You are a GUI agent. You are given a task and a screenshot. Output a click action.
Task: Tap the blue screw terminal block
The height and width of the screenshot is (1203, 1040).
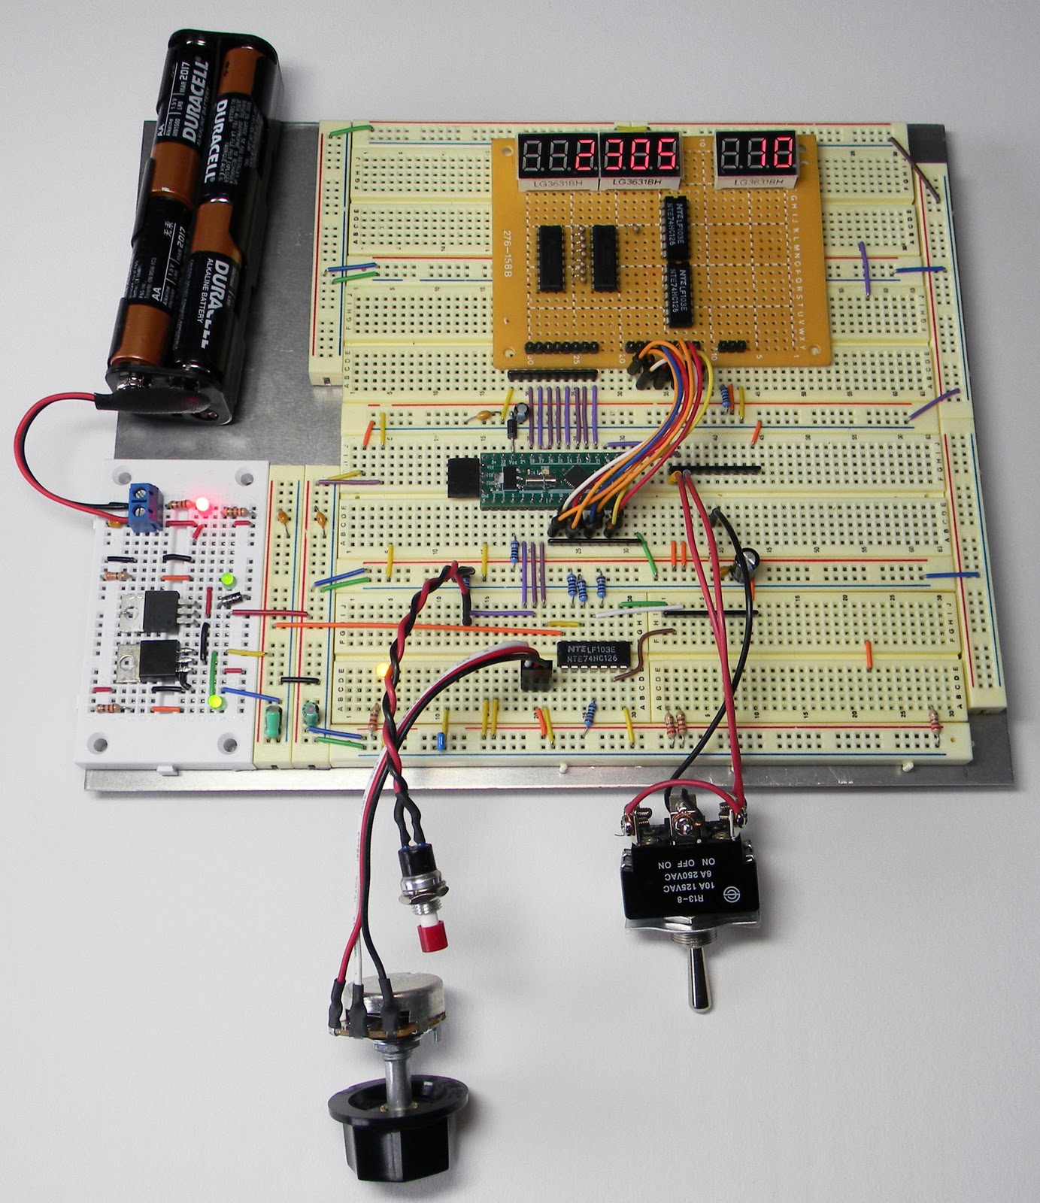(147, 498)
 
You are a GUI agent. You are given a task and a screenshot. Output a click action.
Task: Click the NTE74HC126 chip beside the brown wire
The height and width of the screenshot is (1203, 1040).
(593, 654)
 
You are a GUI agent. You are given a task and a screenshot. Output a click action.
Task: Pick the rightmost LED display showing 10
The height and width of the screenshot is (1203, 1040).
(757, 154)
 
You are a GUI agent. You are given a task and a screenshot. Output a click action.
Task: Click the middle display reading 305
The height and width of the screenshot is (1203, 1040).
(639, 156)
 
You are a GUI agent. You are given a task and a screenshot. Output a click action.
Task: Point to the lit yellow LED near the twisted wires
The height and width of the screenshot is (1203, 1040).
(381, 668)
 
